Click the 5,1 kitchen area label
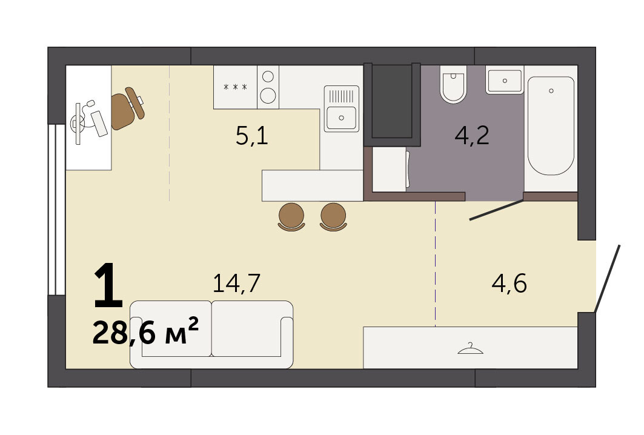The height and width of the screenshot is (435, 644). pos(252,136)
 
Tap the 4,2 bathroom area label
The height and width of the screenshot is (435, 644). pos(472,136)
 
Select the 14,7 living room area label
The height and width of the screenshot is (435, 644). pos(236,284)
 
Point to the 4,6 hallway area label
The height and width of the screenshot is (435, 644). pos(510,284)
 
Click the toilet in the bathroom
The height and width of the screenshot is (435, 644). pos(453,85)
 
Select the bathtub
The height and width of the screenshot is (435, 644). pos(551,125)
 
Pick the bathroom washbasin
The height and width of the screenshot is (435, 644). pos(505,81)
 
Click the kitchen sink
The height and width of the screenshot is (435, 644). pos(341,109)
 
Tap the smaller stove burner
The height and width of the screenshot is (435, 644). pos(268,76)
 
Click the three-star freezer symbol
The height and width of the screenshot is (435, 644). pos(235,87)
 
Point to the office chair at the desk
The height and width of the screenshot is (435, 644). pos(128,108)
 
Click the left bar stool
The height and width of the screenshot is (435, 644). pos(291,216)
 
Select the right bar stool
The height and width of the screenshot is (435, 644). pos(333,216)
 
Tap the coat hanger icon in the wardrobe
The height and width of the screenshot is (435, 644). pos(470,349)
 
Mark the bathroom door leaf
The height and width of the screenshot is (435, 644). pos(497,210)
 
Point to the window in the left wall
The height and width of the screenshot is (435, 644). pos(57,210)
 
